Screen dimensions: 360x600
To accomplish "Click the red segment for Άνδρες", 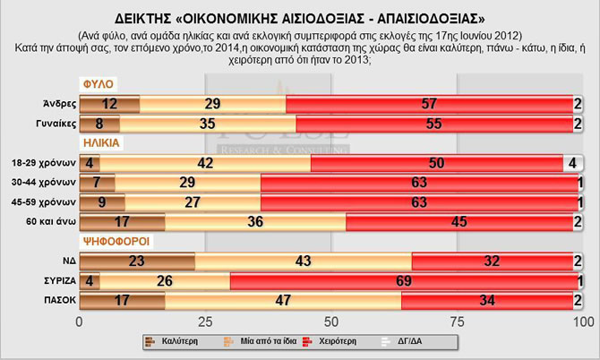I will coord(431,104).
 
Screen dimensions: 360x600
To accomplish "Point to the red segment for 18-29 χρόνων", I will coord(437,163).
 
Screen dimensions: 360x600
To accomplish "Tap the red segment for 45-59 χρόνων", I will coord(417,201).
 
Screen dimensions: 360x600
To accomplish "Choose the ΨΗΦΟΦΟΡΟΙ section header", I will coord(113,240).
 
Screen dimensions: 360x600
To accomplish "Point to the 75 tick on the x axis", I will coord(459,321).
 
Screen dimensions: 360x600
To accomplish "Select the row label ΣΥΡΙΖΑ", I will coord(56,279).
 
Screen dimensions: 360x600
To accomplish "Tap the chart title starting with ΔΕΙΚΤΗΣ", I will coord(300,16).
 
